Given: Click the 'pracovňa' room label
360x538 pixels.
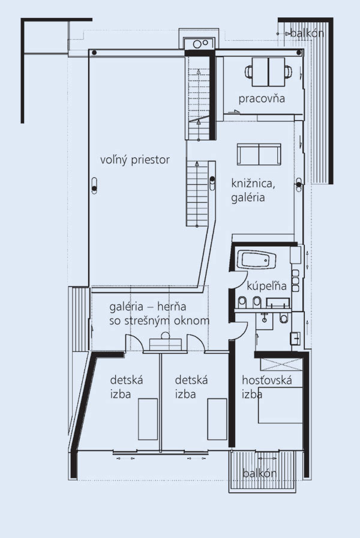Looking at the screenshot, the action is pos(262,99).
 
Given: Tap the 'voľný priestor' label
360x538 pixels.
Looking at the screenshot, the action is pos(135,160).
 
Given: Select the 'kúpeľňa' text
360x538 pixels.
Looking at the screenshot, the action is pos(266,286).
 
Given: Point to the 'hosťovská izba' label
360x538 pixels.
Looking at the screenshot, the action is pos(267,387).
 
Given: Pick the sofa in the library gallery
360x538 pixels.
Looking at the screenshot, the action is pos(259,154).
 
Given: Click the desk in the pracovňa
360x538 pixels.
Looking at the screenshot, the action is pos(268,72).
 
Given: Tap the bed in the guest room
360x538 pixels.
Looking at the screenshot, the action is pos(280,405).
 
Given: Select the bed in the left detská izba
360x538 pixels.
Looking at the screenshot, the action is pos(148,419).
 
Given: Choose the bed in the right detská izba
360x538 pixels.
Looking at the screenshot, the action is pos(217,419).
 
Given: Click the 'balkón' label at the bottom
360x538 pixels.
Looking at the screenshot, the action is pos(259,474).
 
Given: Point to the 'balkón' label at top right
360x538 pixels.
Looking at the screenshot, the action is pos(307,33).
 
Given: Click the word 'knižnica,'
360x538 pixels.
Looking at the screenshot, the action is pos(253,184).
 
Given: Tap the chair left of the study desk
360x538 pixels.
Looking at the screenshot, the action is pos(248,71).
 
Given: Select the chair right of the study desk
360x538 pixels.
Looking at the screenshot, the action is pos(288,71).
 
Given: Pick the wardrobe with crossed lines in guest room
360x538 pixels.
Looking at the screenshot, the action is pos(281,364).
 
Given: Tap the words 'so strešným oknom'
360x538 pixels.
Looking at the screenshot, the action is pos(160,321).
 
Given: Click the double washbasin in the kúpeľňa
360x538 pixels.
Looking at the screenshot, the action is pos(278,303).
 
